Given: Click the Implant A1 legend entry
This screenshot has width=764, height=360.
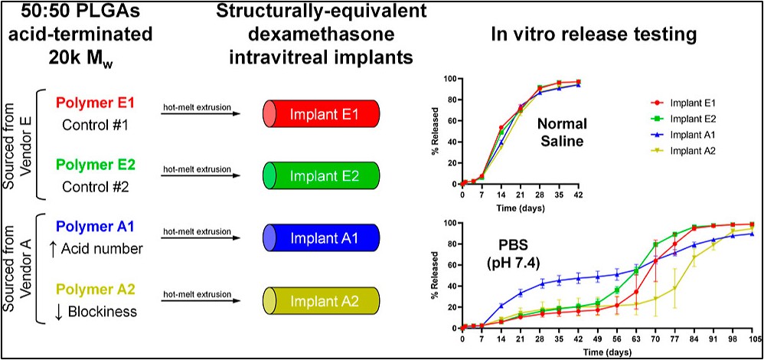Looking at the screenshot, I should click(688, 133).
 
